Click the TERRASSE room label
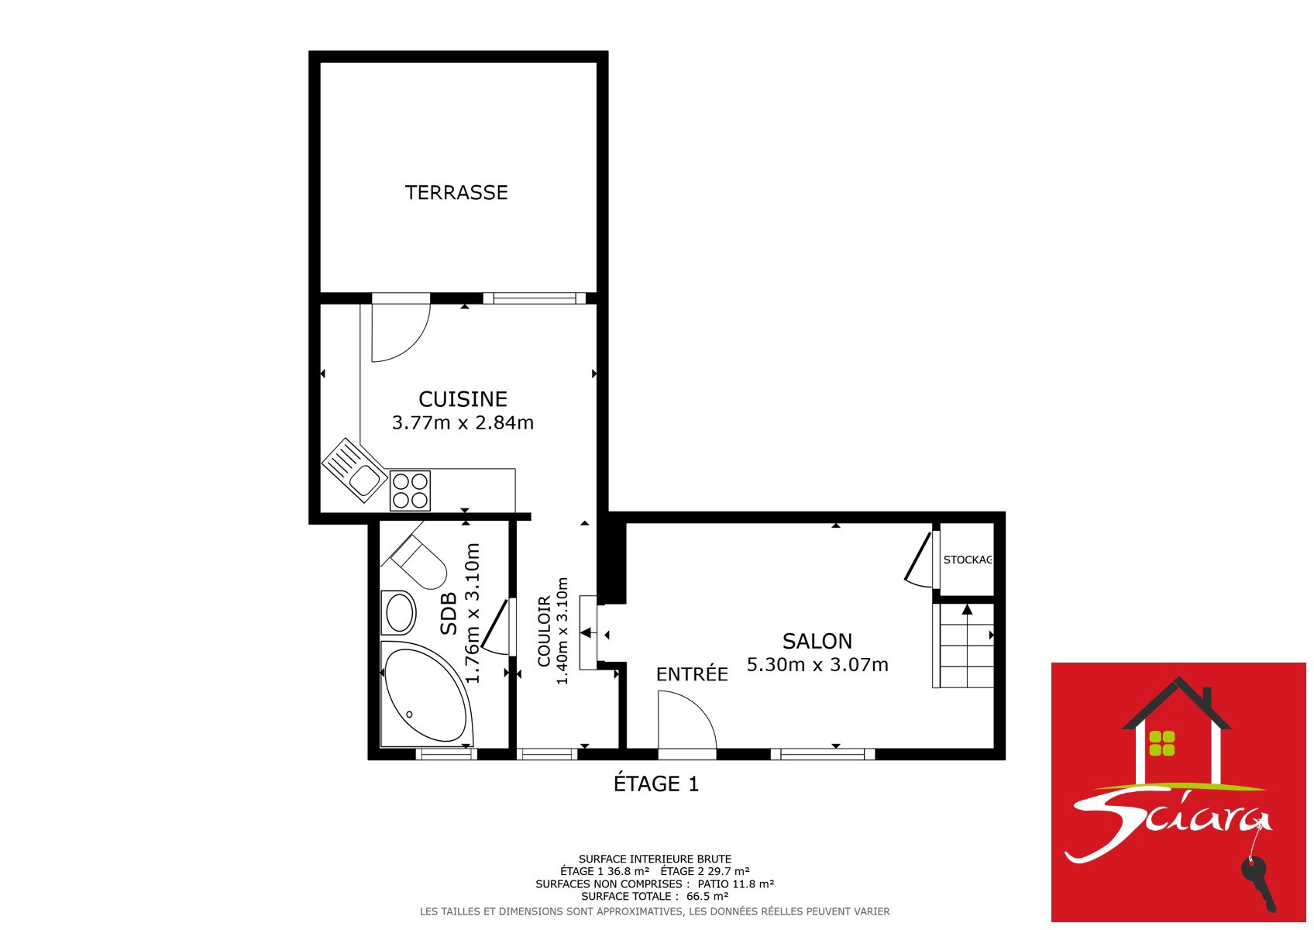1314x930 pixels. [456, 192]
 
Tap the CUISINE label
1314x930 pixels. [463, 399]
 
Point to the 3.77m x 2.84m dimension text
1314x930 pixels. [463, 422]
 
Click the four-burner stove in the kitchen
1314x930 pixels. [410, 491]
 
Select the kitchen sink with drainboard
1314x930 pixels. [354, 470]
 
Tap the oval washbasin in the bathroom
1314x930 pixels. [398, 612]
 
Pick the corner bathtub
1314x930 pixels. [426, 694]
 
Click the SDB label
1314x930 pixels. [449, 614]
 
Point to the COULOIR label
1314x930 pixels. [545, 631]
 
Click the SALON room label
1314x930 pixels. [817, 642]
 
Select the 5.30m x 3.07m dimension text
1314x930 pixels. [817, 665]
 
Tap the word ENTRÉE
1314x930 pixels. [692, 674]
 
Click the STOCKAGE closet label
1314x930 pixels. [968, 560]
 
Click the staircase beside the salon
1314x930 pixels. [964, 646]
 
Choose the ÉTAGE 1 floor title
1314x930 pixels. [656, 784]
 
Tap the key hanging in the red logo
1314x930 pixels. [1259, 885]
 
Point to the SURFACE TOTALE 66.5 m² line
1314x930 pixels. [655, 896]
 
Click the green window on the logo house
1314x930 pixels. [1162, 743]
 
